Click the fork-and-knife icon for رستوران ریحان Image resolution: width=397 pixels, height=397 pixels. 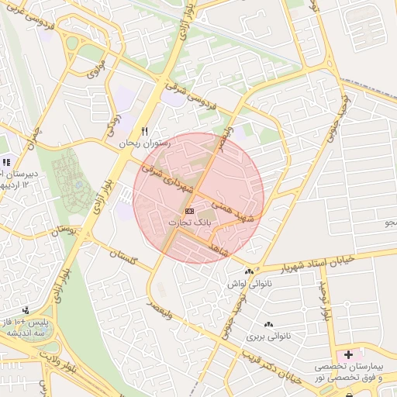pyautogui.click(x=143, y=131)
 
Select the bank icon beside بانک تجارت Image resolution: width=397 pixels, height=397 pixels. pyautogui.click(x=189, y=211)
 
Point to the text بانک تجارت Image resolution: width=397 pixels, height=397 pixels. pyautogui.click(x=190, y=223)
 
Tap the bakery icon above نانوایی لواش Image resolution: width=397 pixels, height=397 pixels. pyautogui.click(x=249, y=271)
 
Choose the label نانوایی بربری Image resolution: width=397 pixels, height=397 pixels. pyautogui.click(x=268, y=337)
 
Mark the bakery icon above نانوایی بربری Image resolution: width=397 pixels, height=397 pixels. pyautogui.click(x=269, y=325)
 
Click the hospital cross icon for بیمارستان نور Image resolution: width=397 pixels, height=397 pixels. pyautogui.click(x=348, y=354)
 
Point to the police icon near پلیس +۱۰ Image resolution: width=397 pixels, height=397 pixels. pyautogui.click(x=27, y=310)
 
